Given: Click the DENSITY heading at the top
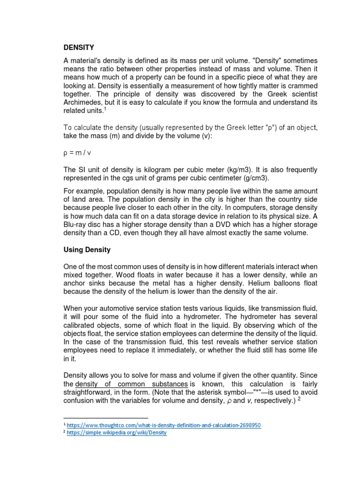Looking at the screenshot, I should click(x=79, y=47).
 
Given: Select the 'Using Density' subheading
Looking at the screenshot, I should click(x=87, y=250).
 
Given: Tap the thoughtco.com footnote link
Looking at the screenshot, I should click(x=164, y=425).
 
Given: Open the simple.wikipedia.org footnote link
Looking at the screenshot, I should click(x=117, y=433).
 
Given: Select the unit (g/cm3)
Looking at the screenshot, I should click(x=259, y=178).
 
